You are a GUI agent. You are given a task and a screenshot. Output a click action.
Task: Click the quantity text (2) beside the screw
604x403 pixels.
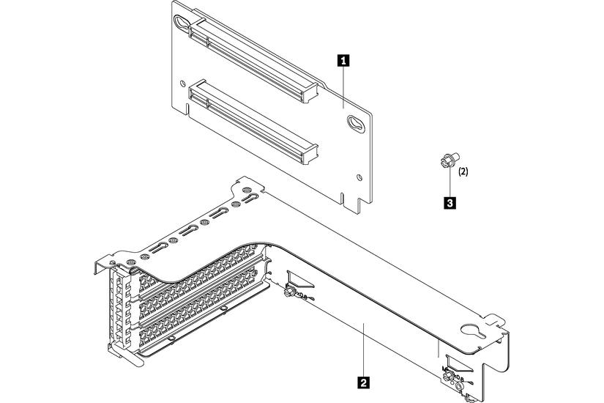(x=463, y=174)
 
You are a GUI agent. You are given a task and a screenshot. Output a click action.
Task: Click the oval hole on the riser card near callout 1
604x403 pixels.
(x=354, y=125)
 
